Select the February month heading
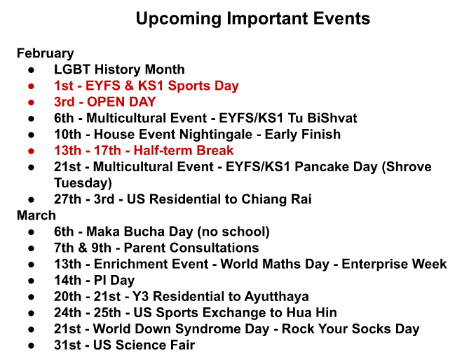(46, 54)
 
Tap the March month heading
(36, 215)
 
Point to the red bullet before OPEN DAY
(31, 102)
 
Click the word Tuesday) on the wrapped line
(83, 183)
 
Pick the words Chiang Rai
(276, 200)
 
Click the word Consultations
(191, 248)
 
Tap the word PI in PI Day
(100, 280)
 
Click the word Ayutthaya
(276, 297)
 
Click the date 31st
(67, 345)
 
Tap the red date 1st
(63, 86)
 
